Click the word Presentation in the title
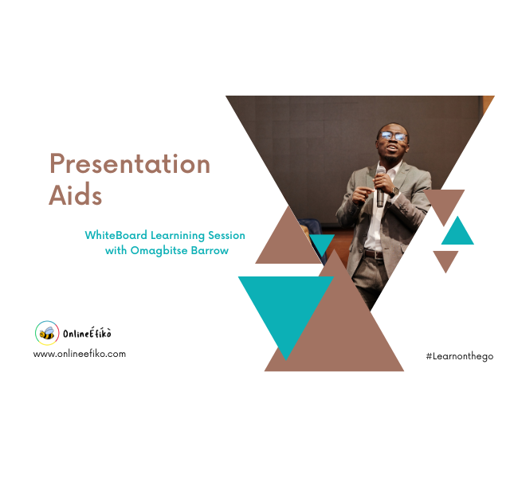(130, 163)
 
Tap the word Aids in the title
(75, 195)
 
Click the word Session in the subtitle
(225, 236)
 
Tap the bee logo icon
(47, 332)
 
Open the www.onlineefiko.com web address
(80, 353)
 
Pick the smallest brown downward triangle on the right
(445, 259)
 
